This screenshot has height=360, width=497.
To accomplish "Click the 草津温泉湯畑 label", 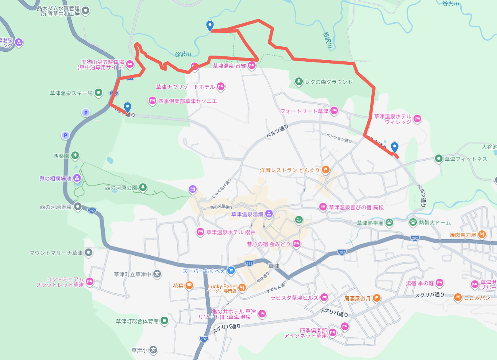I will [x=247, y=214].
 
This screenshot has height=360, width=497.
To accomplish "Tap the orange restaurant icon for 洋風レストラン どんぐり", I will [x=325, y=169].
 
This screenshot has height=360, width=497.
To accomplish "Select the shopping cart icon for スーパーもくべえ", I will [x=231, y=271].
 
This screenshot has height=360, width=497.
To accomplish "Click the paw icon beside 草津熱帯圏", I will [x=389, y=222].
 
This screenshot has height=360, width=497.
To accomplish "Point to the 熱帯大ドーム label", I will [x=435, y=222].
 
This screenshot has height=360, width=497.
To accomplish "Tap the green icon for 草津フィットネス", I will [x=439, y=158].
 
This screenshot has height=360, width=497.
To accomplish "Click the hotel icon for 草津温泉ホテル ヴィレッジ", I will [x=417, y=119].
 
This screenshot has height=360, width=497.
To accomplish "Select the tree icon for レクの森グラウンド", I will [x=299, y=81].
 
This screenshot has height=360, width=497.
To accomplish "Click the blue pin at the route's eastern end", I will [x=394, y=147].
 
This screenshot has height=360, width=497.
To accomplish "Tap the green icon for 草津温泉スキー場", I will [x=98, y=92].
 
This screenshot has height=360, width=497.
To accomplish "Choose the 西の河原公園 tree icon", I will [x=143, y=187].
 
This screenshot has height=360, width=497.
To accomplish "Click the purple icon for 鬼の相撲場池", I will [x=77, y=178].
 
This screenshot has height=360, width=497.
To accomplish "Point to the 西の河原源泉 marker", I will [x=78, y=207].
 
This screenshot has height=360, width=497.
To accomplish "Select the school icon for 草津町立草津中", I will [x=157, y=274].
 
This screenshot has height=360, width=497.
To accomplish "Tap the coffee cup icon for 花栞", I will [x=189, y=286].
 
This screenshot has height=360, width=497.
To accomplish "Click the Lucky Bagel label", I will [x=222, y=286].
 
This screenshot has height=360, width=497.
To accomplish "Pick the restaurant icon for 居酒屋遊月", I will [x=377, y=298].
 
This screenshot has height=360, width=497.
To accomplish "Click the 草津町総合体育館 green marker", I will [x=164, y=321].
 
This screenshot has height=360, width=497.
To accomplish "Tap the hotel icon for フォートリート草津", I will [x=334, y=111].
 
